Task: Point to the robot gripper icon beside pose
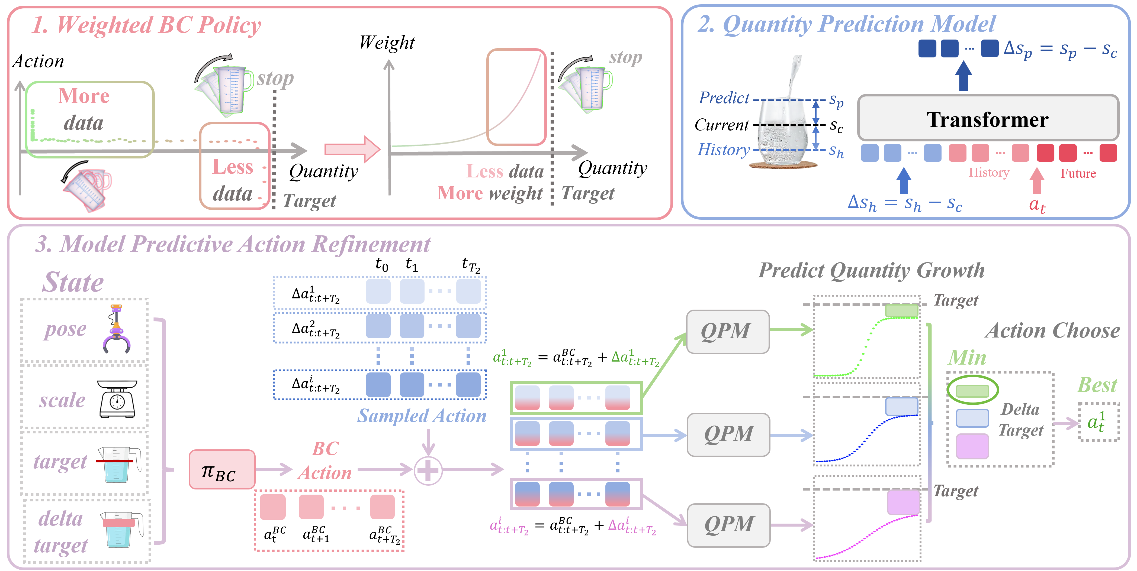(117, 329)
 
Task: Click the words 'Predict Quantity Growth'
(871, 270)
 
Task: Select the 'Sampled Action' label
(422, 416)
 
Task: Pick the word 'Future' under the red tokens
(1078, 173)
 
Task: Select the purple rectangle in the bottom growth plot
(903, 502)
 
